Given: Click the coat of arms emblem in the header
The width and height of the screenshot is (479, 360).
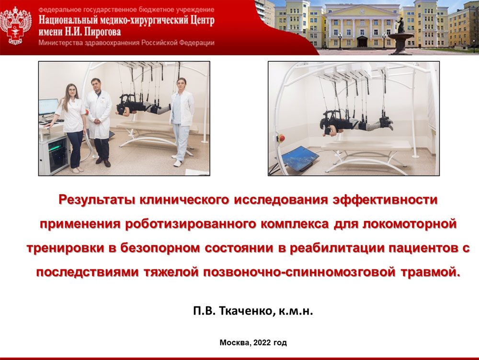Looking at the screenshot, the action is click(16, 26).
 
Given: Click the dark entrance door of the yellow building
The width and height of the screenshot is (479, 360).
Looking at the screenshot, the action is click(362, 42).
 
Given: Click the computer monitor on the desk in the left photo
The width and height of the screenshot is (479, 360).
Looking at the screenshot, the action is click(48, 107).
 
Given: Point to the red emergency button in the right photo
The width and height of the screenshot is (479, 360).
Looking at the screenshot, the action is click(281, 139).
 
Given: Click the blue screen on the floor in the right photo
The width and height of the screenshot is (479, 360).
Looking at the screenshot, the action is click(300, 157).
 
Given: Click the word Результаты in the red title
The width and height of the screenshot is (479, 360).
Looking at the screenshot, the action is click(97, 200).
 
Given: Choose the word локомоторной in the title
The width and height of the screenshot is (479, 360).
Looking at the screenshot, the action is click(410, 224).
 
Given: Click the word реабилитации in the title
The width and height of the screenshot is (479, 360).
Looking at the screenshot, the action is click(337, 248).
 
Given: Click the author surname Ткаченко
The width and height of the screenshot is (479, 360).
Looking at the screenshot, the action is click(245, 311).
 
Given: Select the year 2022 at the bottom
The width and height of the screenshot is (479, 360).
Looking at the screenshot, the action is click(262, 343).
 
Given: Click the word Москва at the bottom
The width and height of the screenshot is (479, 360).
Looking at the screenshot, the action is click(235, 343).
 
